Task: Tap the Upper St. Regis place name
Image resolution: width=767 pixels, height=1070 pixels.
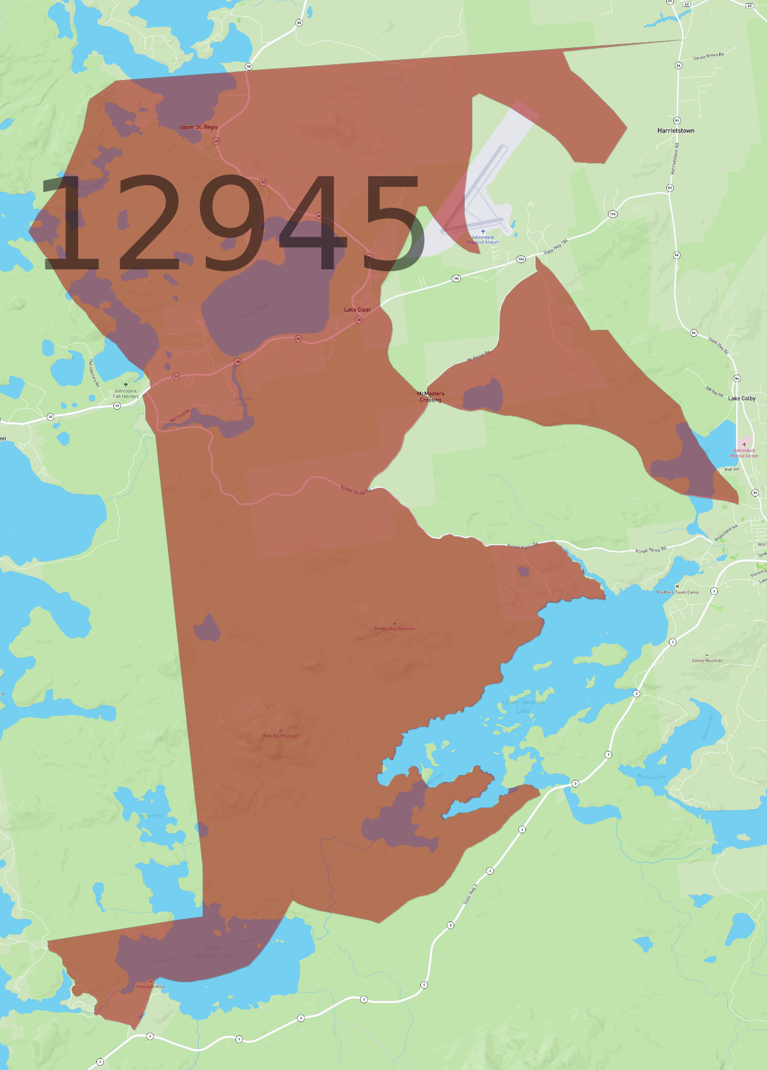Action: [198, 127]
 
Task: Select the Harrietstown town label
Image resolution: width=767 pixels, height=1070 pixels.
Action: [676, 131]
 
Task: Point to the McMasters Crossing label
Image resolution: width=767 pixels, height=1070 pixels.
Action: [430, 397]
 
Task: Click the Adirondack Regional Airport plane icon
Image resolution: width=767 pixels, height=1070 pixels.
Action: [483, 232]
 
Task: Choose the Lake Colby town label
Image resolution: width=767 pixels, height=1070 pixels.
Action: [742, 398]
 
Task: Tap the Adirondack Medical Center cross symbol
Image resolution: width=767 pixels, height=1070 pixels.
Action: [744, 444]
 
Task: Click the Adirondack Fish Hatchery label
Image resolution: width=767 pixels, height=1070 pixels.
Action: [126, 393]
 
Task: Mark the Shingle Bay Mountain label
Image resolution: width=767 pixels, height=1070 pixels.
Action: [395, 628]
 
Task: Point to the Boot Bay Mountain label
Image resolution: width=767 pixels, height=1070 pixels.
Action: [281, 735]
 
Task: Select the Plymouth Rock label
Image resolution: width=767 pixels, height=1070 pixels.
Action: [150, 986]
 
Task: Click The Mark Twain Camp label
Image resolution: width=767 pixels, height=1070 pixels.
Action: [677, 592]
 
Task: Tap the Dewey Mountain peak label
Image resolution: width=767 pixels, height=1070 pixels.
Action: [707, 660]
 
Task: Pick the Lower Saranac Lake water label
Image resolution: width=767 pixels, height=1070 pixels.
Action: [523, 706]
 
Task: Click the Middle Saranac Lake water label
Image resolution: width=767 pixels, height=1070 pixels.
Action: [213, 951]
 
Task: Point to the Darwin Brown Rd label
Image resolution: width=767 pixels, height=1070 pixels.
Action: [708, 56]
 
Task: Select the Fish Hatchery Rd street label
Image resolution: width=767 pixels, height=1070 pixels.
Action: [93, 373]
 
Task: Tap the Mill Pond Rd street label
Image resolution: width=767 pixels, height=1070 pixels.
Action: [179, 416]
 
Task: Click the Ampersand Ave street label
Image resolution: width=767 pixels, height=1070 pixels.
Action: [725, 533]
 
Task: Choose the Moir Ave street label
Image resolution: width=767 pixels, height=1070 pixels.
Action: [732, 469]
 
